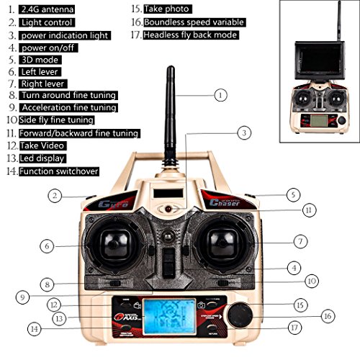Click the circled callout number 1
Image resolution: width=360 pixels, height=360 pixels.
[x=220, y=94]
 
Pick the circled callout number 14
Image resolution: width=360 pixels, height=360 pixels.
[x=32, y=329]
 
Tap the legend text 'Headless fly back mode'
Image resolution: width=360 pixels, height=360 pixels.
[x=190, y=35]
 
